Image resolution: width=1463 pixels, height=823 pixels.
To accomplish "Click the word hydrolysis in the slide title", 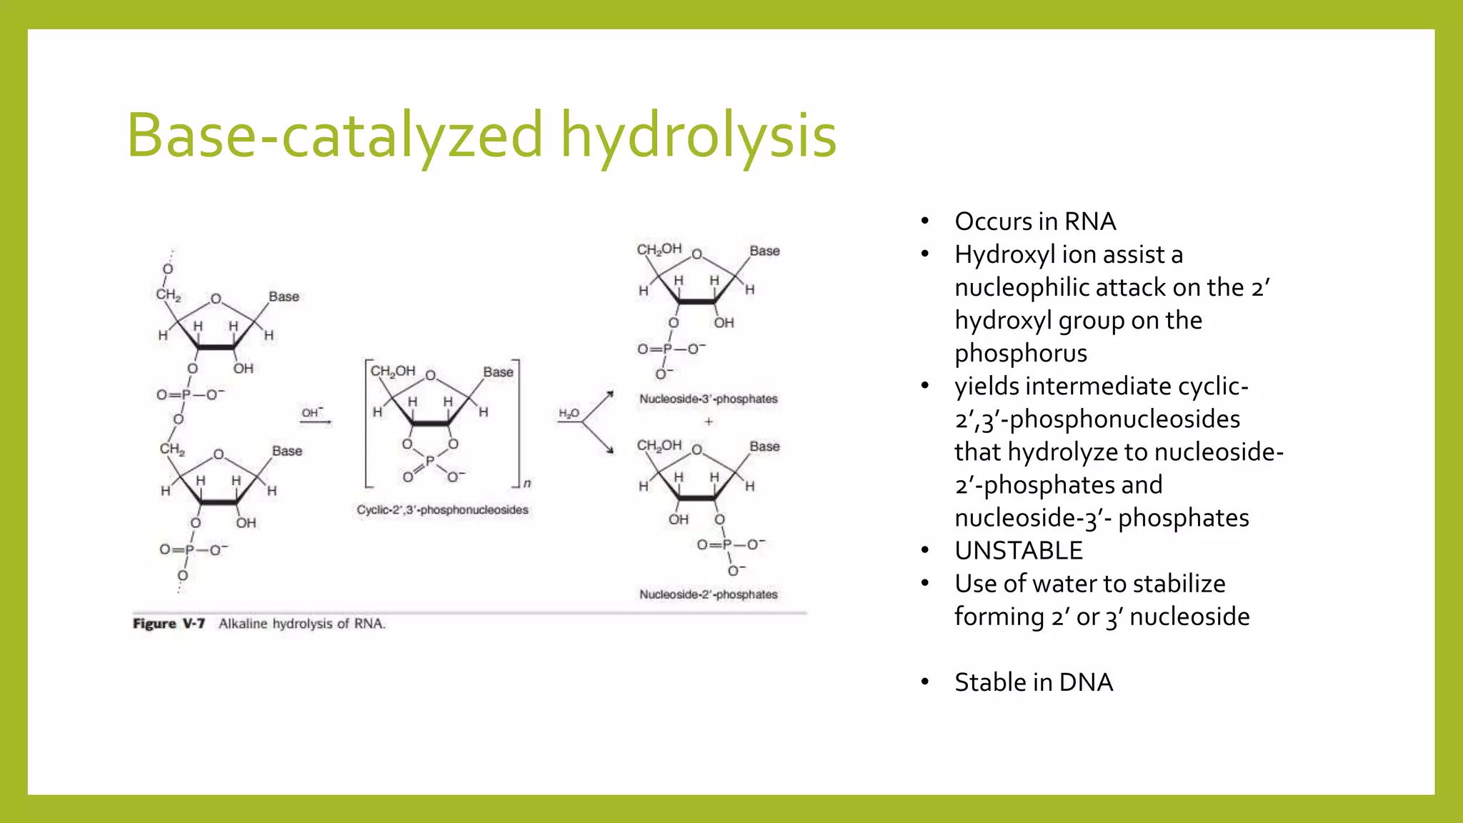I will (698, 136).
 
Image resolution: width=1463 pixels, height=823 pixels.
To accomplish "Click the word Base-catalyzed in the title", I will (335, 136).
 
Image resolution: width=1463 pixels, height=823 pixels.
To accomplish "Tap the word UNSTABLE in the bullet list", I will (1019, 551).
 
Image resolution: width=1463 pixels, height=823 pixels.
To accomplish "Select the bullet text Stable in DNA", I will (1034, 682).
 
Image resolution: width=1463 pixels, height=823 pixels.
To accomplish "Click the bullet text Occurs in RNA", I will (1035, 221).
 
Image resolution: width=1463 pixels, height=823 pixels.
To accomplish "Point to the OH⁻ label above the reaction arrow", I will (312, 412).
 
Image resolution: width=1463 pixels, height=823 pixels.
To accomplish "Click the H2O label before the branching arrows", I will (569, 414).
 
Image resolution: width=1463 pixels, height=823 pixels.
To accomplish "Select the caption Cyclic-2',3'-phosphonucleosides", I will (442, 509).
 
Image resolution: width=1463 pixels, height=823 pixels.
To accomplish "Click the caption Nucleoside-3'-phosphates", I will (708, 399).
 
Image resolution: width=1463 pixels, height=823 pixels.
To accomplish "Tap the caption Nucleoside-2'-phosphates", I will (708, 594).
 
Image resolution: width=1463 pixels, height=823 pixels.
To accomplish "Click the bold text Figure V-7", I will (169, 624).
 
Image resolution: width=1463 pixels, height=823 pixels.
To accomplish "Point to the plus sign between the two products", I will (709, 422).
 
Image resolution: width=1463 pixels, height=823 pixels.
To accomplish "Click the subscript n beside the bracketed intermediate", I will (527, 484).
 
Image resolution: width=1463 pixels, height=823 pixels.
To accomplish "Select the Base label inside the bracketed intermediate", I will (498, 372).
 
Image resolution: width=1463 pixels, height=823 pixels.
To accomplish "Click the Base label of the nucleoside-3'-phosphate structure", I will (764, 251).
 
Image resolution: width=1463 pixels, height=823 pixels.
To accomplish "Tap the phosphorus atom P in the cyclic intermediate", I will (429, 462).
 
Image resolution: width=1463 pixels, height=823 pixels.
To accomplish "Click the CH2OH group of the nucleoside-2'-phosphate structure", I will (659, 446).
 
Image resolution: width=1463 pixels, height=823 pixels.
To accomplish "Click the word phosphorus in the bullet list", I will (1021, 354).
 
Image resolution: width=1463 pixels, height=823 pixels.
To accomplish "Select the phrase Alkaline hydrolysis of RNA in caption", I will (301, 624).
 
